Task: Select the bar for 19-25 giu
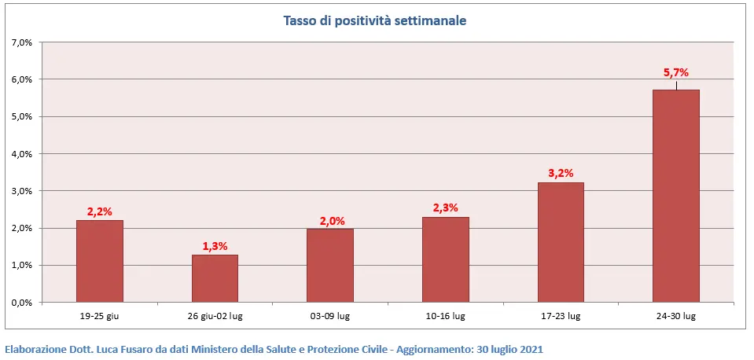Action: coord(99,261)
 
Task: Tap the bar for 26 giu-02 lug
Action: coord(215,278)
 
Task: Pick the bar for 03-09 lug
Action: coord(330,265)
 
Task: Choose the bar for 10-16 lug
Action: coord(446,259)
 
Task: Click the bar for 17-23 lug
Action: coord(561,242)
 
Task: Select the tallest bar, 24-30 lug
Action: coord(676,196)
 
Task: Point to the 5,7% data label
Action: coord(676,73)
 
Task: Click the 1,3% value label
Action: coord(215,246)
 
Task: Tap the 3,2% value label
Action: coord(561,174)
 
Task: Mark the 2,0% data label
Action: coord(330,220)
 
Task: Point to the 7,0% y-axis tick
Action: coord(21,42)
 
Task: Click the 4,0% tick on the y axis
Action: coord(21,154)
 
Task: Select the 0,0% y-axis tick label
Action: coord(21,303)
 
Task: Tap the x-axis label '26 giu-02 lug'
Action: coord(215,316)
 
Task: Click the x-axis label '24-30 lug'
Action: coord(676,316)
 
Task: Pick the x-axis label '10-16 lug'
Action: coord(446,316)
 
